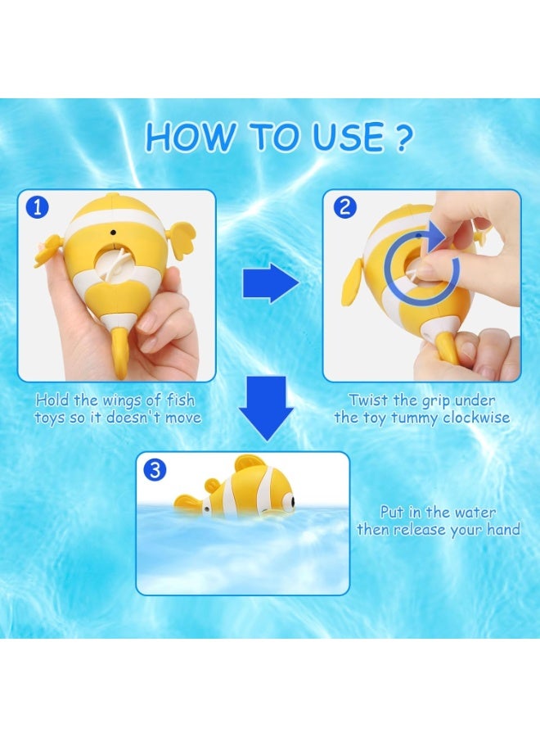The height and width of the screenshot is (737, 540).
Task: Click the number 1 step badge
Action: coord(36,206)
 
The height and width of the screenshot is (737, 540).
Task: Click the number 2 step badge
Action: coord(344,206)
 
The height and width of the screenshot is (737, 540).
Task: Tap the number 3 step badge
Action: coord(155,470)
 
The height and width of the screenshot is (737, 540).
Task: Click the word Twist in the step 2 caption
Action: coord(367,400)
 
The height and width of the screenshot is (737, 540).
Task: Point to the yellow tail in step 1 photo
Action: coord(121,356)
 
